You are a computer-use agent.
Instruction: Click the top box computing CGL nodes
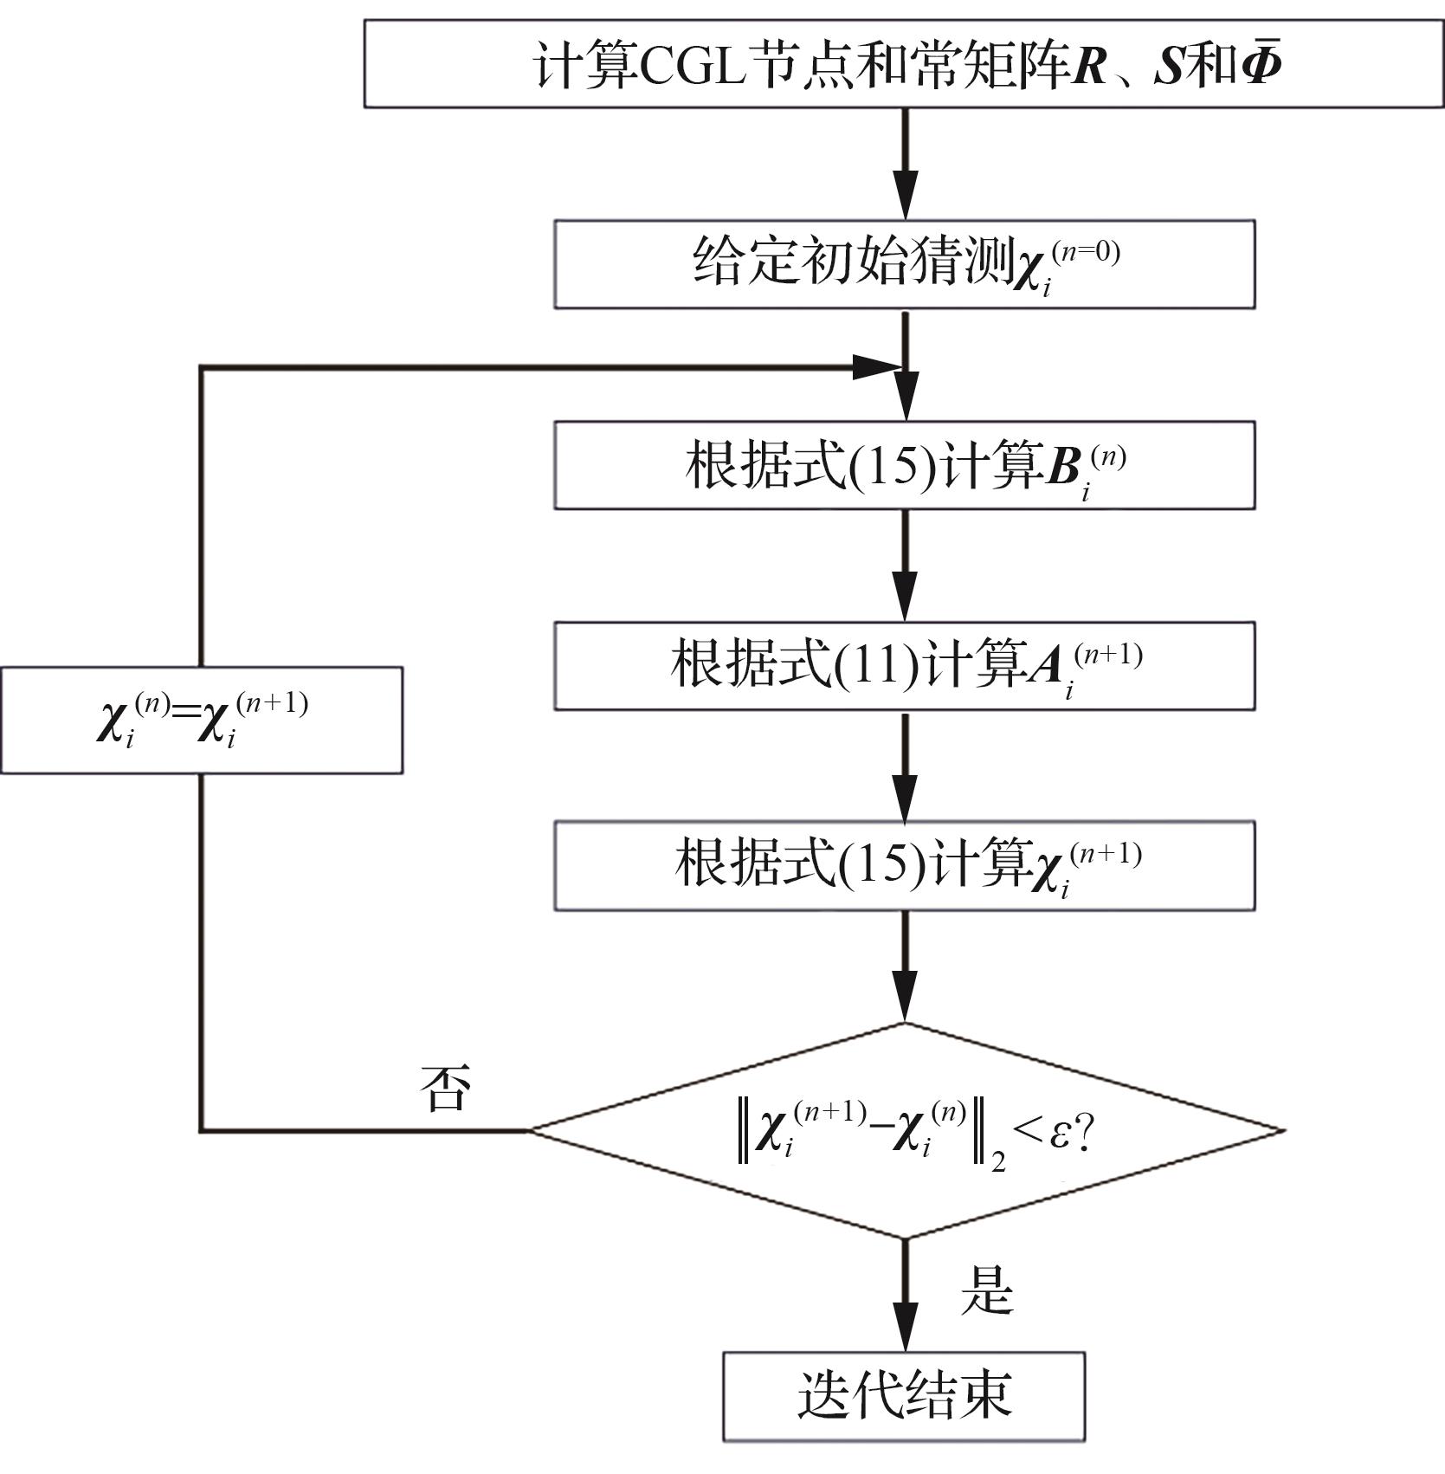[903, 64]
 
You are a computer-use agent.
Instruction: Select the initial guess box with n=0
[904, 263]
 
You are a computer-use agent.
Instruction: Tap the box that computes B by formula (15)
[904, 465]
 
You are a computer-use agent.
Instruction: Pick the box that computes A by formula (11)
[904, 665]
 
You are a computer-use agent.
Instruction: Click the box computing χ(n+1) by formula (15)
[904, 865]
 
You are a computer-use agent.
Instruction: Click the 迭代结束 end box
[904, 1396]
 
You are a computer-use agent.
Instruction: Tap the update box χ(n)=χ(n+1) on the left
[202, 720]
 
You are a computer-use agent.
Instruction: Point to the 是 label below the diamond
[986, 1292]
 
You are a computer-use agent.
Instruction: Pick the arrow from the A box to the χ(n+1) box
[906, 766]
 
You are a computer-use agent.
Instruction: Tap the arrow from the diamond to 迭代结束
[906, 1296]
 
